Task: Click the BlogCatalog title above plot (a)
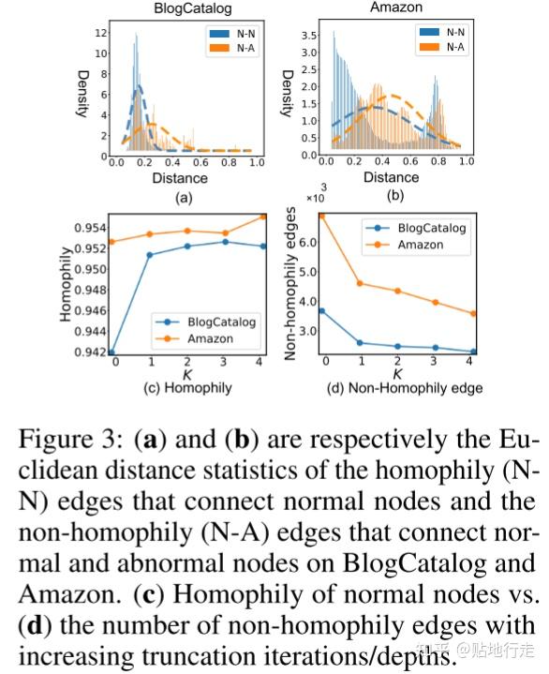click(181, 7)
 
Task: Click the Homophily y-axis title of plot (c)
click(67, 284)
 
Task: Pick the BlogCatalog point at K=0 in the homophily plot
click(111, 352)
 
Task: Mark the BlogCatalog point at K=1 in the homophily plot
click(150, 254)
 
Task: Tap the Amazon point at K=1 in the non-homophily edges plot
click(360, 283)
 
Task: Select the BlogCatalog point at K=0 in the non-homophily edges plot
click(322, 310)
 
